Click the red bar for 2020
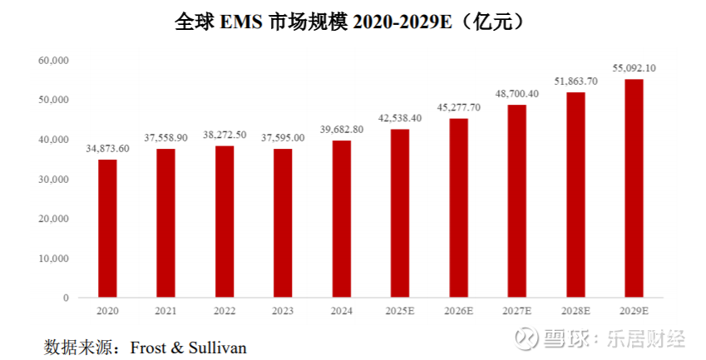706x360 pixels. click(x=107, y=228)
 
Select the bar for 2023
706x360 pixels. click(x=283, y=223)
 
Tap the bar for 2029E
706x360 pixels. click(x=634, y=188)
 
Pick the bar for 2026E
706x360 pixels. click(x=458, y=208)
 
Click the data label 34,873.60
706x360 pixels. click(x=107, y=149)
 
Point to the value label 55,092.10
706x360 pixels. click(x=634, y=68)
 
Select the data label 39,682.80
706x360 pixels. click(x=341, y=130)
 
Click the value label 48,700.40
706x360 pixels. click(x=516, y=94)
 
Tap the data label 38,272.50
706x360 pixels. click(x=225, y=135)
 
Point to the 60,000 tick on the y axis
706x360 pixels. click(x=53, y=61)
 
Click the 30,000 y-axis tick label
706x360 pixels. click(x=53, y=179)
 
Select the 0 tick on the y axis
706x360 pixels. click(x=65, y=297)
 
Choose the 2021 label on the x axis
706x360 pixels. click(x=165, y=310)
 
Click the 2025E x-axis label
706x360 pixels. click(x=399, y=310)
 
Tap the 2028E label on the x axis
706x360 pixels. click(x=575, y=310)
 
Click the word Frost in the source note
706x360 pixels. click(x=148, y=346)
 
